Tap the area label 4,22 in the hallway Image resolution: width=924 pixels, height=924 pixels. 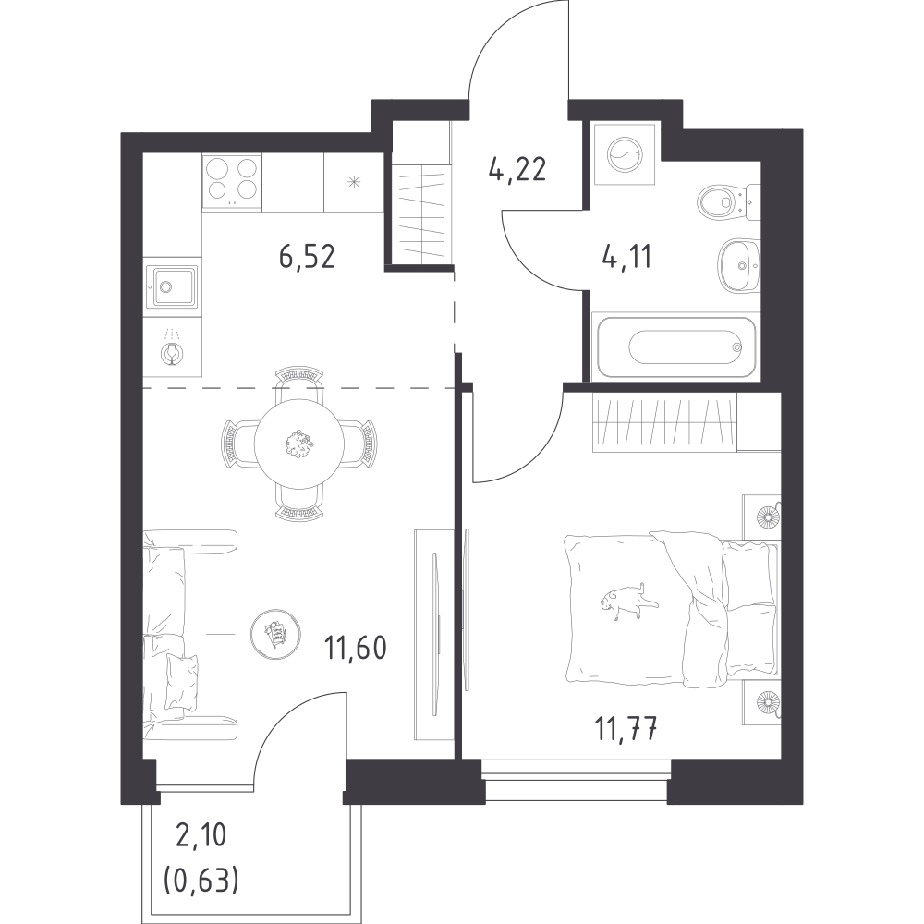517,170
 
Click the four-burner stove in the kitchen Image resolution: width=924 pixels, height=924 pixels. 232,177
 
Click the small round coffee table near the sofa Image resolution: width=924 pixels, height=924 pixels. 275,632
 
